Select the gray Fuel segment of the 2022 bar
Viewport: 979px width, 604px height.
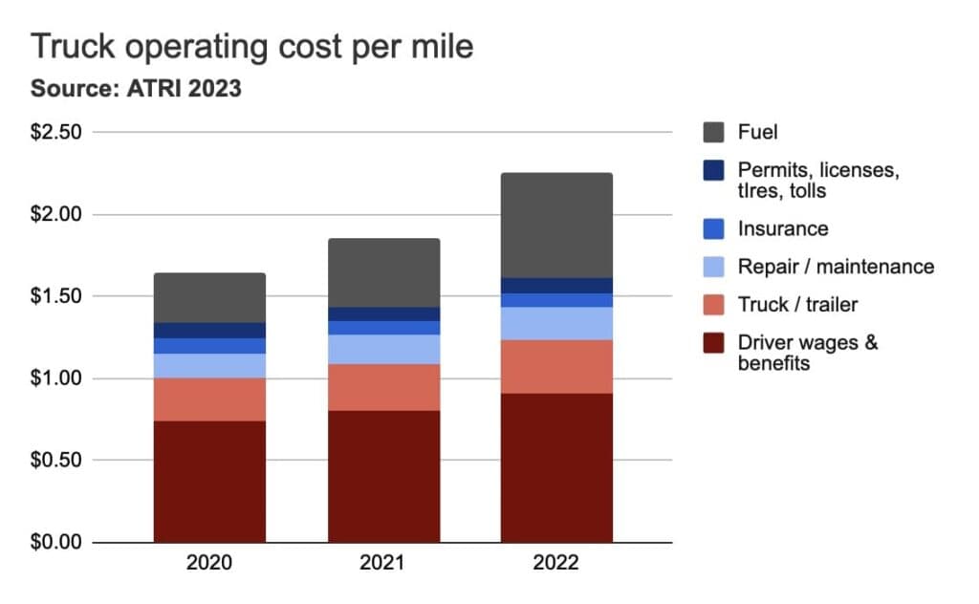pos(556,226)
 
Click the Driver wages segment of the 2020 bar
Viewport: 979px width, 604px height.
pos(209,482)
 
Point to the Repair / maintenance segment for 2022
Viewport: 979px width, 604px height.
pos(556,323)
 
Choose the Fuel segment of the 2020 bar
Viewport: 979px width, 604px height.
pos(209,298)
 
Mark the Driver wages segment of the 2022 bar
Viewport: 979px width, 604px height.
pos(556,468)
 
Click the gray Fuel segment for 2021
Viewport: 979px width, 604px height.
pos(383,272)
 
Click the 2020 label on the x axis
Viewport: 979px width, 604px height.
pos(209,563)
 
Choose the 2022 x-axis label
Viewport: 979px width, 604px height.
pos(556,563)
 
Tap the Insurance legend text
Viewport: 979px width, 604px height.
pos(783,228)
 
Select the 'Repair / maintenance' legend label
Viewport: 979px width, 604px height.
pos(836,267)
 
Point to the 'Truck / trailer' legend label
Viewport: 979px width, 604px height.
pos(797,305)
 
